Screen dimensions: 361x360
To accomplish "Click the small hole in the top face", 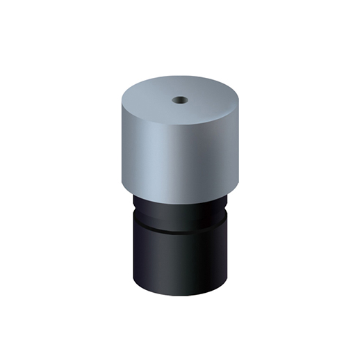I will pos(179,99).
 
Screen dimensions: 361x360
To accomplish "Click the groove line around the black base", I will pos(180,229).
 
